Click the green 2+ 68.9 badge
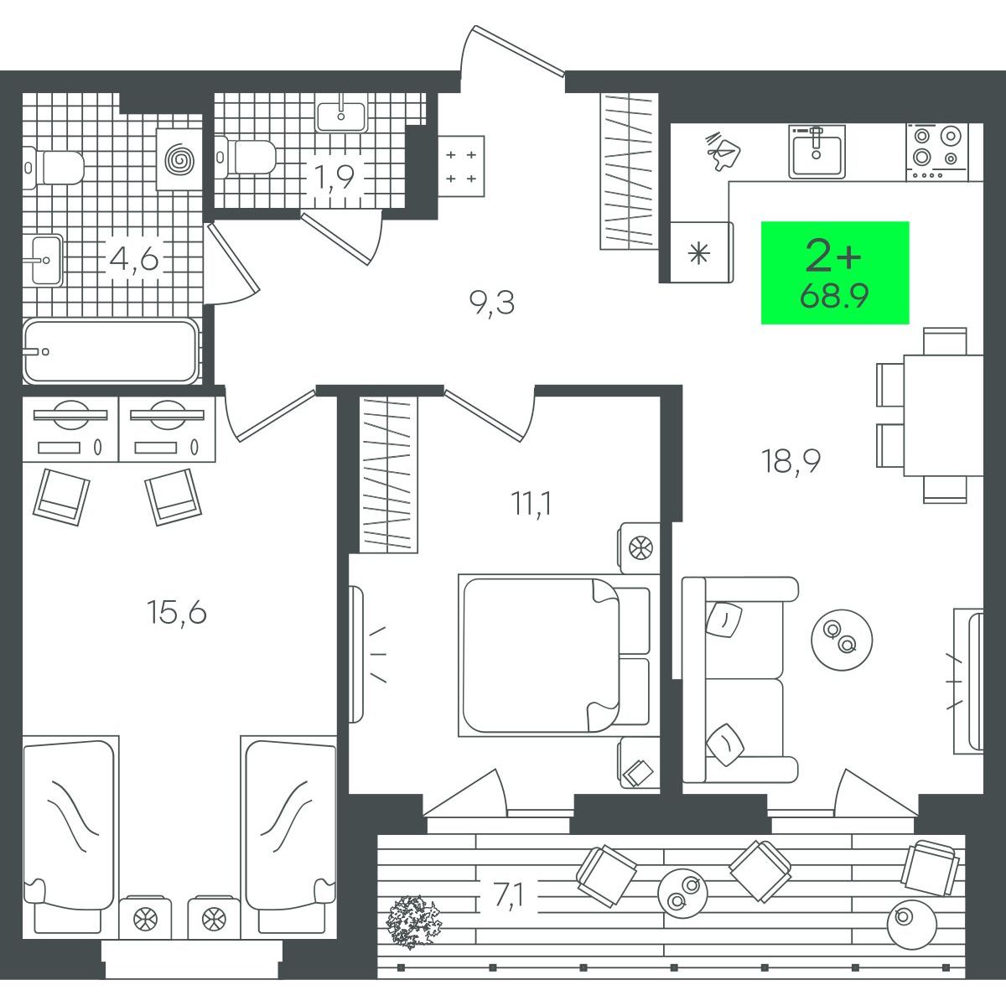835,272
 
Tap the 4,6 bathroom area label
133,259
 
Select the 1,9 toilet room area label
334,175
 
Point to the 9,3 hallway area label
492,303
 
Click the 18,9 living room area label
791,461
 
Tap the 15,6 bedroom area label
177,612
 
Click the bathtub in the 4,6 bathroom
111,350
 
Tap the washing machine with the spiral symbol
179,158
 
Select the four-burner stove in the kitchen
937,152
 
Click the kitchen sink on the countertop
817,151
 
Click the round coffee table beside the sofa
842,639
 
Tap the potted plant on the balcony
413,921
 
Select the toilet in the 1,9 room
246,156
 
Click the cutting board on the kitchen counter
723,150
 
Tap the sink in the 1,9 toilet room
341,114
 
